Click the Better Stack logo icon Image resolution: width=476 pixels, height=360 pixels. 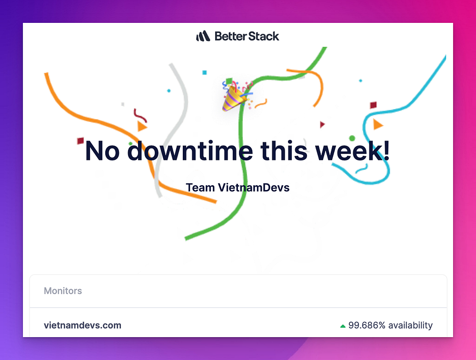[203, 36]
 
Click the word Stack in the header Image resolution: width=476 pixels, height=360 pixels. [264, 36]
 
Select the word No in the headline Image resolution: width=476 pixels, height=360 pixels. [102, 151]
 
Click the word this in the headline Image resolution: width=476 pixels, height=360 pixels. [284, 150]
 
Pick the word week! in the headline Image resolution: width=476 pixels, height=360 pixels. [352, 150]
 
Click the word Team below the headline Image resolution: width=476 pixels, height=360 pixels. [200, 188]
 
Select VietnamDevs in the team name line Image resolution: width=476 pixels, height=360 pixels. [254, 188]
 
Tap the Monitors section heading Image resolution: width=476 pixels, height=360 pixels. [63, 291]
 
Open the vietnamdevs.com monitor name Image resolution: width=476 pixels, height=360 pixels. [82, 325]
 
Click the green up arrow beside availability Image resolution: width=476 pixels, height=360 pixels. [343, 326]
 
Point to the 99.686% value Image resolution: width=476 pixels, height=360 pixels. [367, 325]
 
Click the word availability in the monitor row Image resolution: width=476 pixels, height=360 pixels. [410, 325]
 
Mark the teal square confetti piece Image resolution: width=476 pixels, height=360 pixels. [205, 72]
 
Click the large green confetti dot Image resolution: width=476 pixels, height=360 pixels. [352, 138]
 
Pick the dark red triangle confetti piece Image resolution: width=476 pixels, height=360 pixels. [322, 124]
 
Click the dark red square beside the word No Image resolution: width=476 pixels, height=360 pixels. [80, 140]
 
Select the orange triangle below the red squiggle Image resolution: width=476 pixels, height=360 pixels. [142, 126]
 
